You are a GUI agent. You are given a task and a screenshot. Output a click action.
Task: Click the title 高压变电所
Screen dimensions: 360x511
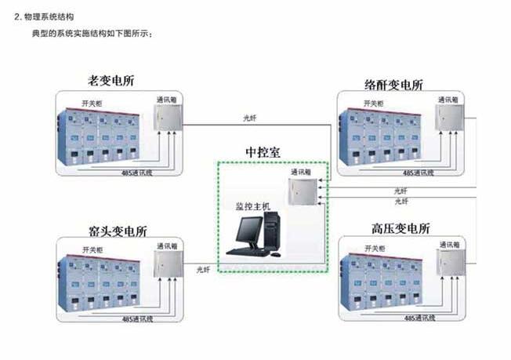click(x=401, y=229)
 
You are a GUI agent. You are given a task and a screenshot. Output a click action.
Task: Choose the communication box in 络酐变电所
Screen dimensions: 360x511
click(x=449, y=119)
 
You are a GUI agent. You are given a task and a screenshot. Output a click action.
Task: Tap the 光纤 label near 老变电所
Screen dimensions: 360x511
click(x=249, y=118)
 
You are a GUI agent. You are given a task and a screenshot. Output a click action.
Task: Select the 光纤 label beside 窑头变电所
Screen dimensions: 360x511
click(x=203, y=269)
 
